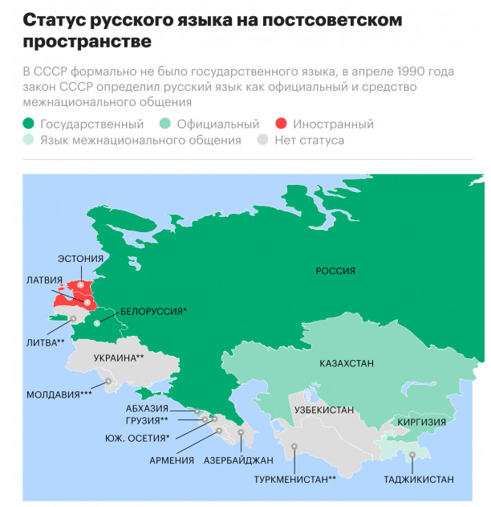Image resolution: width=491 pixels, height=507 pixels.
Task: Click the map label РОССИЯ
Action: pos(335,272)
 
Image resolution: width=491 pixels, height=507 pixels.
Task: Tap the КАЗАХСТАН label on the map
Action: pos(347,364)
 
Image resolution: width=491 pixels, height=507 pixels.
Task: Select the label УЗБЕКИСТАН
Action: pos(323,411)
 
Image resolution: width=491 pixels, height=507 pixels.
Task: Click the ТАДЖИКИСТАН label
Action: pos(419,480)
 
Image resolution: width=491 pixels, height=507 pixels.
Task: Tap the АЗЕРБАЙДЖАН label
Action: pos(238,460)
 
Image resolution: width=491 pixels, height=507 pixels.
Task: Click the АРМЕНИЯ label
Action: pos(172,460)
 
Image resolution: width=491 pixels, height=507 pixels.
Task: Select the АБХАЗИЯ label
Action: pos(148,408)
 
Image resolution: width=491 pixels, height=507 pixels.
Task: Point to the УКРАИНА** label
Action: pos(119,358)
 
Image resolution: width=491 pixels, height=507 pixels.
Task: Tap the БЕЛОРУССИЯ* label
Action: pos(153,311)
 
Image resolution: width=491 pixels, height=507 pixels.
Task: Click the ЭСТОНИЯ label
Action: pos(81,259)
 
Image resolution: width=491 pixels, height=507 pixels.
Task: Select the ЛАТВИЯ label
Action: pos(43,280)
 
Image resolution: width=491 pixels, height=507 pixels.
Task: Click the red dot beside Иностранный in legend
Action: pos(282,125)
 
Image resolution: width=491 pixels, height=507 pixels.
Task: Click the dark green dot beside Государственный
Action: pos(29,125)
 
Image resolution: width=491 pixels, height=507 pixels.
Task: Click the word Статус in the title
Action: pos(52,18)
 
